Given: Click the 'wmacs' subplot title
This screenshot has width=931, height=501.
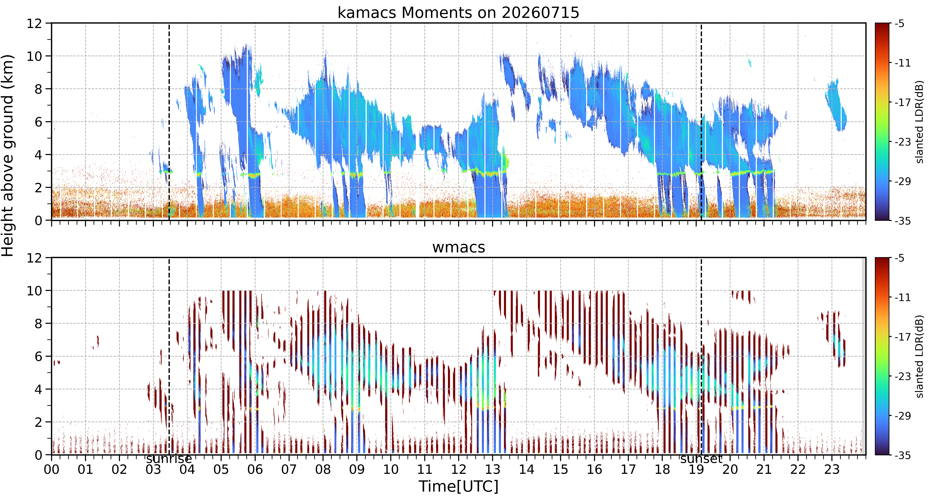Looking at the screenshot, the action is [x=459, y=248].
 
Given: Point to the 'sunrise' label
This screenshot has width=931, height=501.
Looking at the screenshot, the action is [x=169, y=459].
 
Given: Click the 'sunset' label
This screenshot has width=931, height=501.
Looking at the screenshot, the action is [x=701, y=459].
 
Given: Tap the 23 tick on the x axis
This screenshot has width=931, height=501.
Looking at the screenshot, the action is [x=832, y=470].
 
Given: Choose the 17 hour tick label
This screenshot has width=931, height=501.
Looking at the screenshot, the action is [x=628, y=470].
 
